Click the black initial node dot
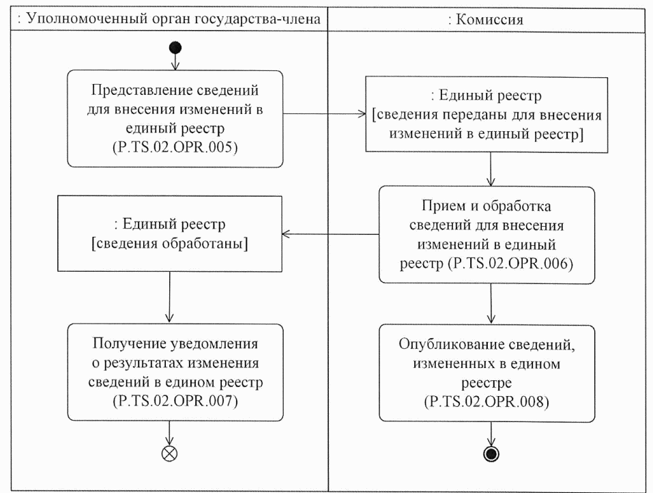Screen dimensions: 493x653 pos(175,47)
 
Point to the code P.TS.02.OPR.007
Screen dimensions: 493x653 pos(175,402)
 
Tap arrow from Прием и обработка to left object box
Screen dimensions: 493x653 pos(331,234)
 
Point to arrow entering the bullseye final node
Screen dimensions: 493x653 pos(489,435)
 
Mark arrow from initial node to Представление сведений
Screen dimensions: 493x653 pos(175,61)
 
